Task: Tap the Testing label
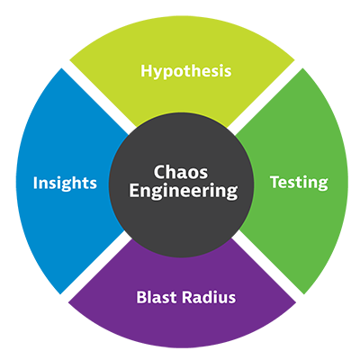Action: (x=299, y=182)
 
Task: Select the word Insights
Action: (x=65, y=183)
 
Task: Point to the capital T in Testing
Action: (x=274, y=182)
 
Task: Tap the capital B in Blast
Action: (x=140, y=294)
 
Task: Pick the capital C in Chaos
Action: (x=158, y=171)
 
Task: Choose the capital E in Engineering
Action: (x=133, y=191)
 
